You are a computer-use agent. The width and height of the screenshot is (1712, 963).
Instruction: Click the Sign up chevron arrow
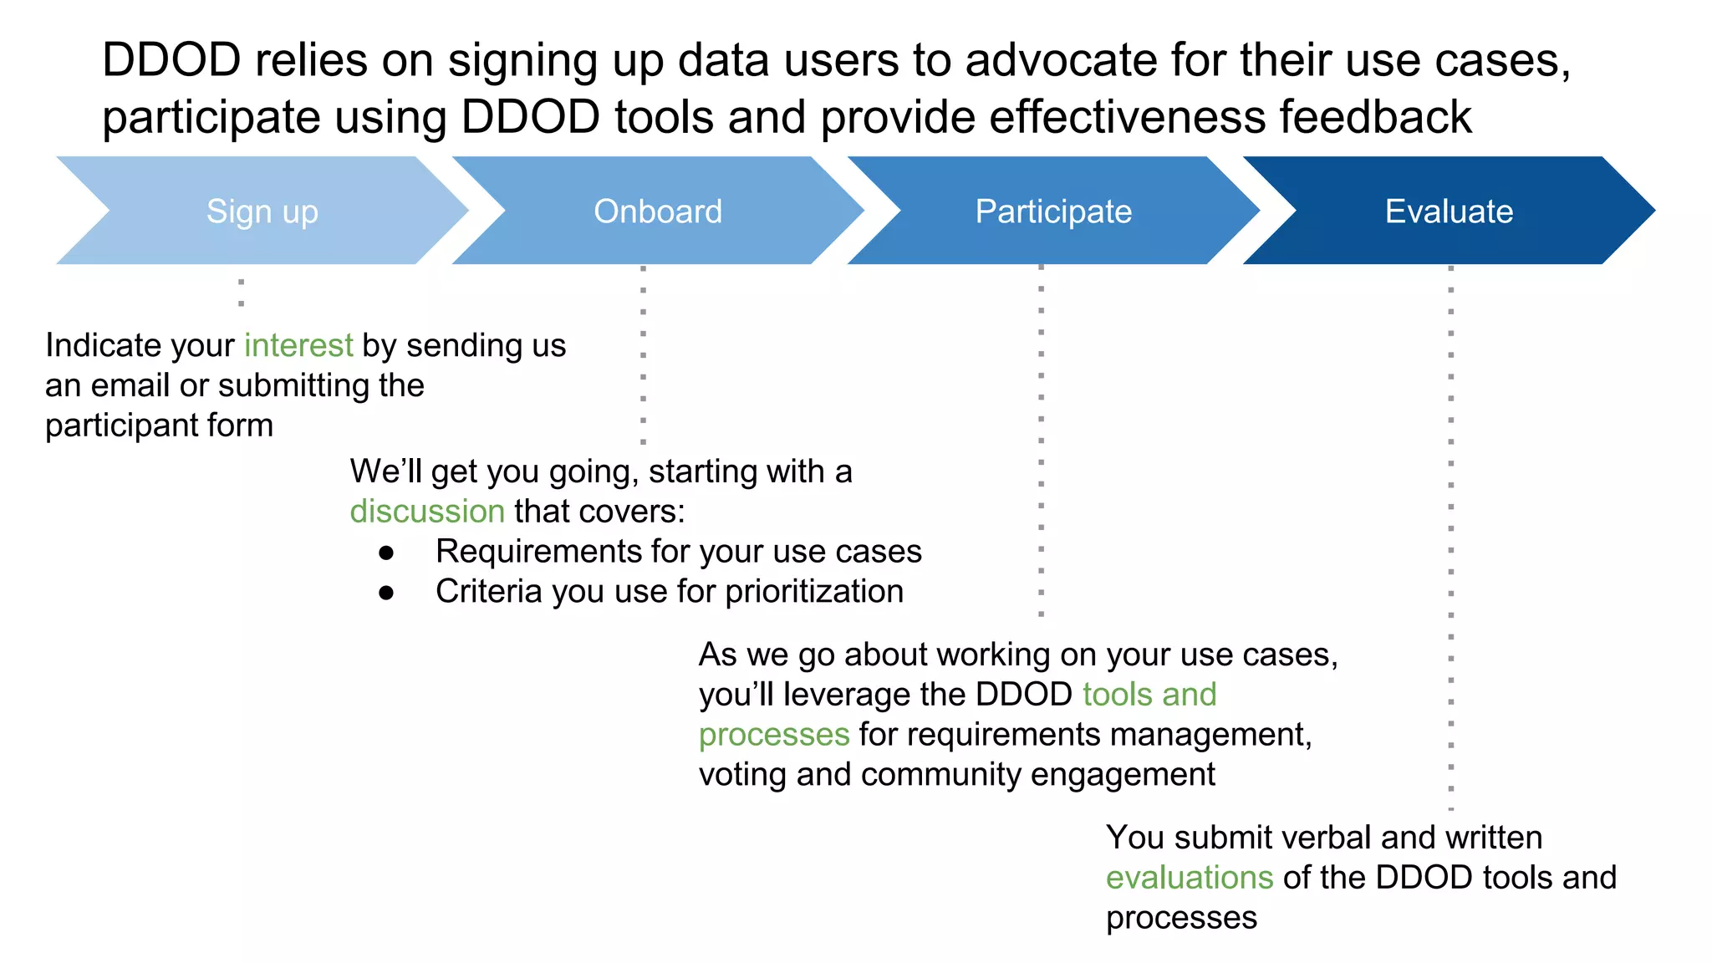(x=262, y=211)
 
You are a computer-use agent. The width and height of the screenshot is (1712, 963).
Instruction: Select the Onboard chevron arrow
(x=658, y=211)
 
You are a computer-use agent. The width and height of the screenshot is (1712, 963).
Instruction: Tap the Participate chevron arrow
(x=1053, y=211)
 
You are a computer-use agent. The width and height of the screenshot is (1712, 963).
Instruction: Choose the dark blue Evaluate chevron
(x=1449, y=211)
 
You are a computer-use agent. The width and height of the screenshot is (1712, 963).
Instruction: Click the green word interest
(x=298, y=345)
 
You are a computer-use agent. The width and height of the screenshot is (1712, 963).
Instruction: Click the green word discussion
(x=427, y=511)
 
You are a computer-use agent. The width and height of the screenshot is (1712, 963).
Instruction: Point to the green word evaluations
(x=1189, y=878)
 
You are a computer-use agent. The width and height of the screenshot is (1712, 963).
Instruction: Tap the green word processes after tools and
(x=774, y=735)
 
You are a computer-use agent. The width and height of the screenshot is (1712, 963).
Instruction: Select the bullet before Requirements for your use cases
(x=386, y=553)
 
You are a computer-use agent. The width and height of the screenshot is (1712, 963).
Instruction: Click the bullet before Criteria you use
(x=386, y=593)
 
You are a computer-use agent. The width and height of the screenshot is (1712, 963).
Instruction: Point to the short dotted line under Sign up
(x=241, y=293)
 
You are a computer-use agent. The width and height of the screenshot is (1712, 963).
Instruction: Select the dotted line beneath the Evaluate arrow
(x=1450, y=535)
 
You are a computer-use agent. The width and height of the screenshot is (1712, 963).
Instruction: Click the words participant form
(x=159, y=425)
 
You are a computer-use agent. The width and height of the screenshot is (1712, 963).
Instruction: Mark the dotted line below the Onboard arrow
(x=643, y=355)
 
